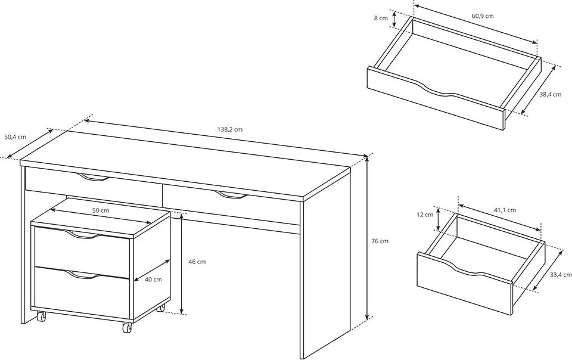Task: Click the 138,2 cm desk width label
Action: pyautogui.click(x=230, y=129)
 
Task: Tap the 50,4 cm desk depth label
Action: pyautogui.click(x=15, y=137)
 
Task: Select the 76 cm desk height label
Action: pyautogui.click(x=380, y=241)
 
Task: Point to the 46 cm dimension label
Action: pyautogui.click(x=197, y=262)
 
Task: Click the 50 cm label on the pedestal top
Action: pyautogui.click(x=100, y=210)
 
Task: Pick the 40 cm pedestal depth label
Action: pyautogui.click(x=153, y=280)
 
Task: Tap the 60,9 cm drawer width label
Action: pyautogui.click(x=483, y=16)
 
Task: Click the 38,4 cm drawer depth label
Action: pyautogui.click(x=550, y=94)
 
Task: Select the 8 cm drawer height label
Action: pyautogui.click(x=381, y=18)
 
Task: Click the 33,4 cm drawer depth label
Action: pyautogui.click(x=561, y=275)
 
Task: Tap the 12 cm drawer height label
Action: pyautogui.click(x=425, y=215)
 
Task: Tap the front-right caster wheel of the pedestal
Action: pyautogui.click(x=126, y=327)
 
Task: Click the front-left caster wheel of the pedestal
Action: pyautogui.click(x=41, y=316)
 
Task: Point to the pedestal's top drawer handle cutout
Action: pyautogui.click(x=82, y=235)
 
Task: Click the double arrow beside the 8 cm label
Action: pyautogui.click(x=394, y=19)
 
